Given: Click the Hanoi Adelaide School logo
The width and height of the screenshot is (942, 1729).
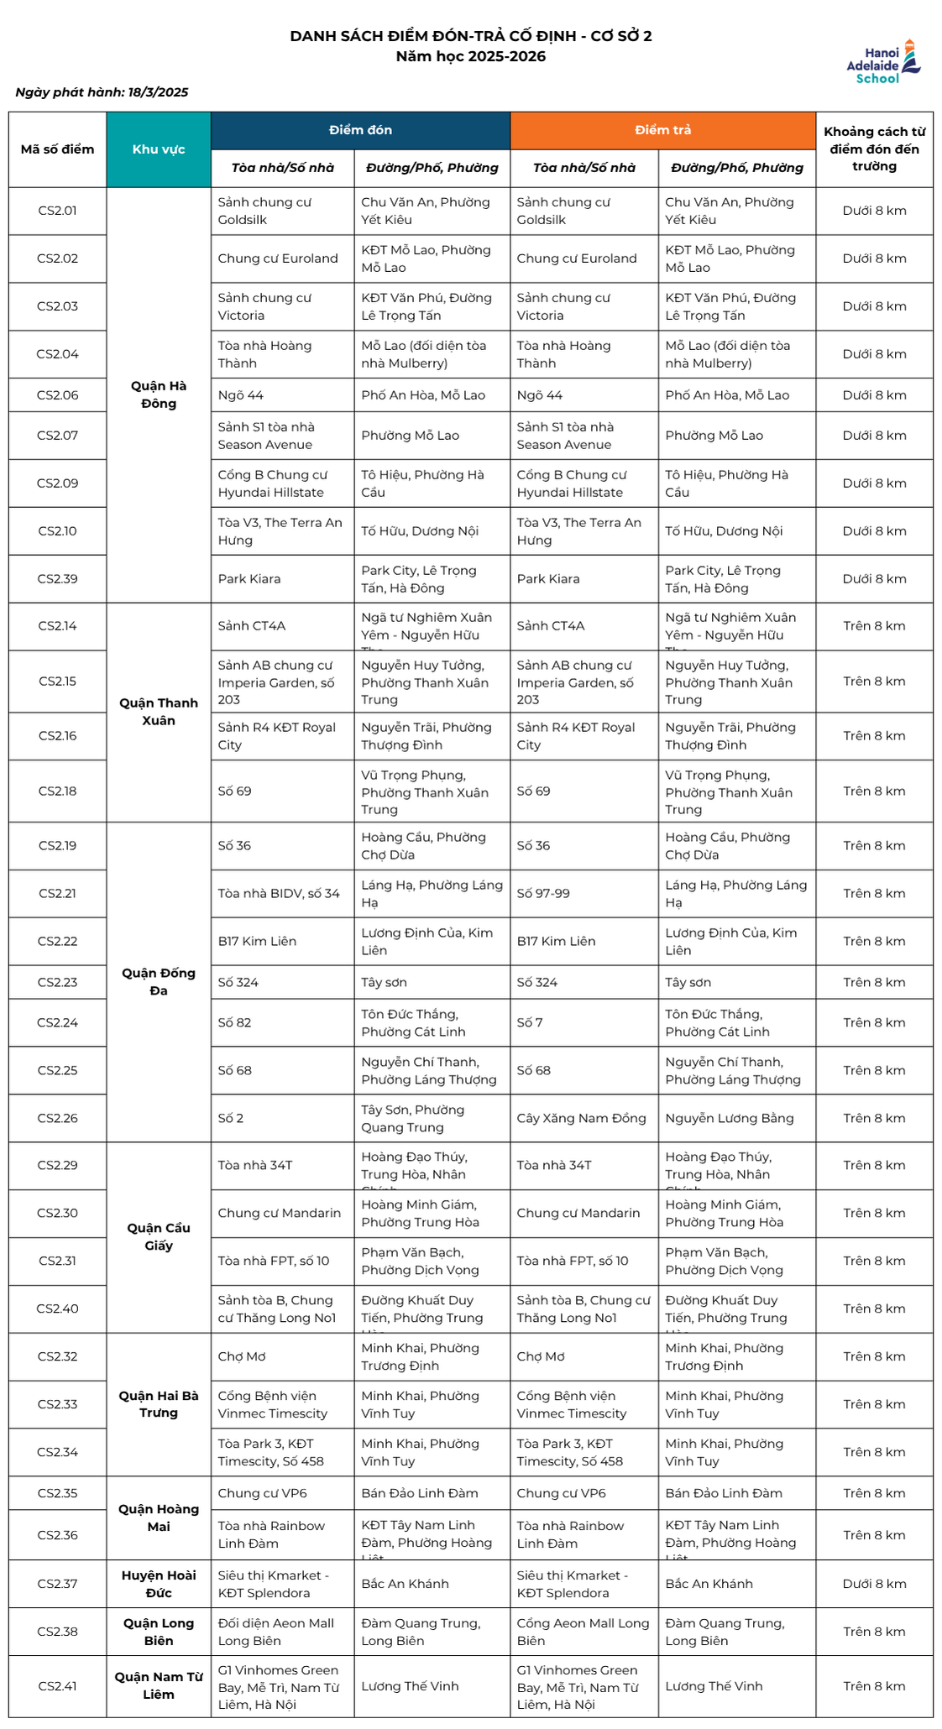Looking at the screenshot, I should [882, 62].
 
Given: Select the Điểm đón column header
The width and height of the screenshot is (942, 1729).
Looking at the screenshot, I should [360, 130].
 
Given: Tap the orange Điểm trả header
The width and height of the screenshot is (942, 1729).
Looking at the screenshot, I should [662, 130].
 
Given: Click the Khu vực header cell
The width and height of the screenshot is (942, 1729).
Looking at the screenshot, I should [159, 149].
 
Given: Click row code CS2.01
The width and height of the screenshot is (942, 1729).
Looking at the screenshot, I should [57, 211].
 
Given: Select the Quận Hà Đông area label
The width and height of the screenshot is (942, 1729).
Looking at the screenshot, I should [159, 394].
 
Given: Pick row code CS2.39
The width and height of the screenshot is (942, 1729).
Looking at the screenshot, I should [57, 579].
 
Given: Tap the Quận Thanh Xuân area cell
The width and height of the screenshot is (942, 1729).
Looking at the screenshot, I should [159, 712].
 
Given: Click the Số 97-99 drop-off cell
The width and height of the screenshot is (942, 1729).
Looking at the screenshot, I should [543, 893].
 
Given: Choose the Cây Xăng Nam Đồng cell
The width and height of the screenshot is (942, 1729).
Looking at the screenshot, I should [581, 1118].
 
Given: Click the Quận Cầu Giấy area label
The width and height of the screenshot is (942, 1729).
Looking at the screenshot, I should [159, 1236].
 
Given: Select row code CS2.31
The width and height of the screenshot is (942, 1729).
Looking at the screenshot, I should [57, 1261].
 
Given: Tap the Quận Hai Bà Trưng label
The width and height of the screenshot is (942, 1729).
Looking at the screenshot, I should [159, 1403].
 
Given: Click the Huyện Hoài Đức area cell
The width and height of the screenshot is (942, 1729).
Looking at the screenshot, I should [159, 1584].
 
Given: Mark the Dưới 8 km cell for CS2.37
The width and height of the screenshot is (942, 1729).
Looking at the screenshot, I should [874, 1584].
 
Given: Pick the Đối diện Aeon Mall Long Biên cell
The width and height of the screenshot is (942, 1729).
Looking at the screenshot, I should [276, 1632].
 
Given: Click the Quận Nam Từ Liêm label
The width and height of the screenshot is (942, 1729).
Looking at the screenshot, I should [159, 1685].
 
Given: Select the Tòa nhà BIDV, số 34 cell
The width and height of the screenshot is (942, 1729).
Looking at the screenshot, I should [279, 893].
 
